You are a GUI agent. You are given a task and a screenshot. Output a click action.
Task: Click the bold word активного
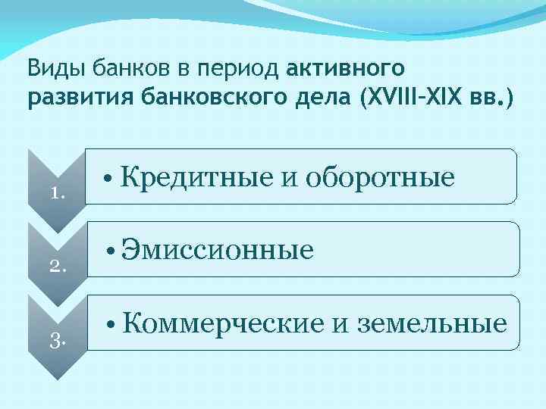pos(346,70)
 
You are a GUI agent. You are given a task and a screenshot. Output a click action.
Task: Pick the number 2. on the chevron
pos(58,265)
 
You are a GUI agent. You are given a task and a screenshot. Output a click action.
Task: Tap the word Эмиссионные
pos(218,249)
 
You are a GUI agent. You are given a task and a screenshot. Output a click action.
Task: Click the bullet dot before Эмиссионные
pos(110,251)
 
